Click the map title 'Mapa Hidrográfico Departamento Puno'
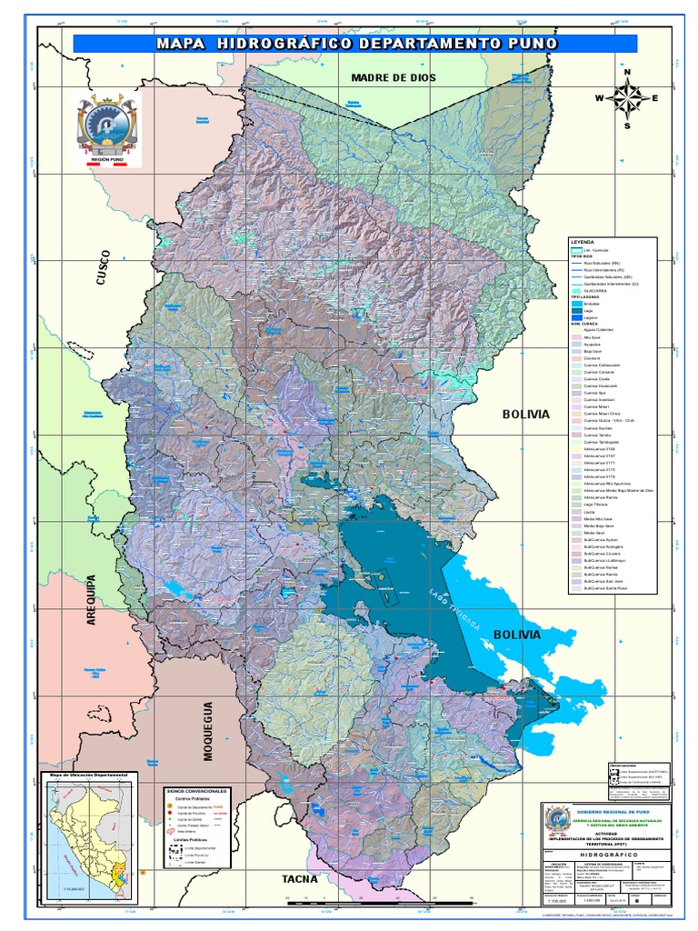click(355, 44)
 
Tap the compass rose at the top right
click(626, 98)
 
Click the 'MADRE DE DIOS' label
click(394, 78)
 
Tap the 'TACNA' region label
click(300, 878)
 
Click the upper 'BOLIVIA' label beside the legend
click(526, 414)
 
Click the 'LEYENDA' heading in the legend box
click(581, 242)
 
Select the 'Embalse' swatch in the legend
click(576, 304)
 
